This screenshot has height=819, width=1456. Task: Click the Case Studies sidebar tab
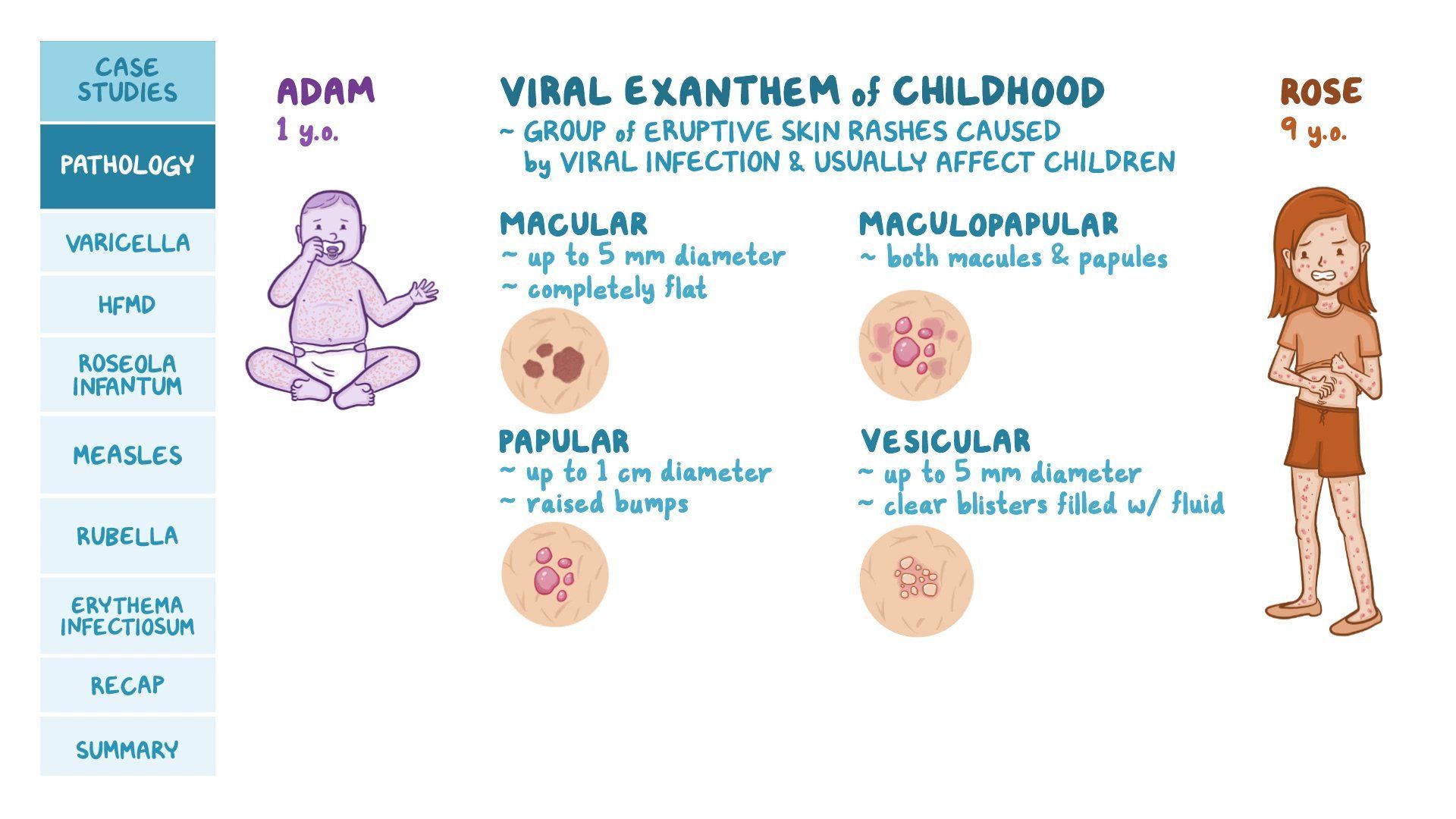[127, 80]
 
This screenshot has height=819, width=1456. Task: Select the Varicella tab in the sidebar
[127, 243]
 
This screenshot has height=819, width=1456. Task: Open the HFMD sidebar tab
[127, 305]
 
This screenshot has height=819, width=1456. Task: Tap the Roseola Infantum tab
[127, 375]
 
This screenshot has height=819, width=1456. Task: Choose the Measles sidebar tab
[127, 455]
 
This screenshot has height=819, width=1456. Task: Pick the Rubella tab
[127, 536]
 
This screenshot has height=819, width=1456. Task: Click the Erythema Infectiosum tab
[127, 616]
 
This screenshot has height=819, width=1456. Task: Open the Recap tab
[127, 685]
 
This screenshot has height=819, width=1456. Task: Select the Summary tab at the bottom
[127, 749]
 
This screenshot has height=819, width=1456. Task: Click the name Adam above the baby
[325, 92]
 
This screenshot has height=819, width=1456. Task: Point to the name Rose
[1320, 92]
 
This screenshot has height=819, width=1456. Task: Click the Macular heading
[573, 224]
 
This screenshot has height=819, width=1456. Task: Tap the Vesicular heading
[945, 441]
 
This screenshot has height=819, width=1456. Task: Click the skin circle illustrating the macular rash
[554, 361]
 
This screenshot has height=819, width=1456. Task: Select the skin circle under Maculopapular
[915, 345]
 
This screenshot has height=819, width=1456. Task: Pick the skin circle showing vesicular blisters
[916, 581]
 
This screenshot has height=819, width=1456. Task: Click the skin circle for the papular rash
[554, 574]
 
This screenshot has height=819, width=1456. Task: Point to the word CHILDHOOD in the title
[997, 92]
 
